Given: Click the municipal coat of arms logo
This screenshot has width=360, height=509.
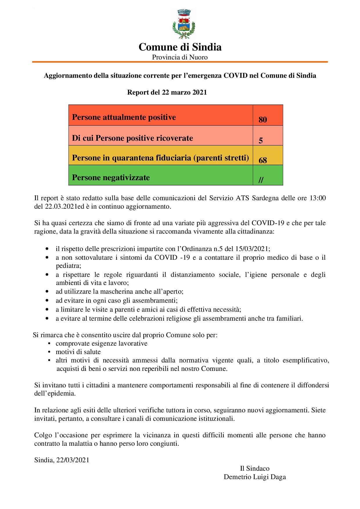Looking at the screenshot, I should click(184, 24).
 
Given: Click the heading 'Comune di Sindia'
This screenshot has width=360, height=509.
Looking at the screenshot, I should click(180, 47).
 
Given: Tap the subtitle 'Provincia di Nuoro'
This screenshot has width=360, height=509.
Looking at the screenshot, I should click(180, 57).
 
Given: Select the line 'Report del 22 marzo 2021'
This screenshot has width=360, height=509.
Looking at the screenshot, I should click(167, 93).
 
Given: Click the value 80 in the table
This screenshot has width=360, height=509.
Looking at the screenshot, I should click(262, 120).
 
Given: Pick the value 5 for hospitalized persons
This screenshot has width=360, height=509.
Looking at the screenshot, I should click(261, 141).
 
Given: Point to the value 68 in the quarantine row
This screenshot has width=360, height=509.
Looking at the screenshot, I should click(262, 160).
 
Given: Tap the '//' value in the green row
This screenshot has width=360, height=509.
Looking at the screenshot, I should click(261, 180).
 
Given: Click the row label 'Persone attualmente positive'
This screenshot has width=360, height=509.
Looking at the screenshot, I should click(124, 117).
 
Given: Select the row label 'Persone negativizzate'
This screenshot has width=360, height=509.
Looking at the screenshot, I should click(111, 177).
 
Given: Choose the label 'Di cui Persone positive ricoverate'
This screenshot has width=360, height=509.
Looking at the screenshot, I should click(132, 138).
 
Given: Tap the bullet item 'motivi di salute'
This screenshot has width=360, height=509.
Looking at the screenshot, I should click(78, 352).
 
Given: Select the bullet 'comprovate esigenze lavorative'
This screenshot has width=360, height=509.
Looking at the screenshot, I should click(101, 343).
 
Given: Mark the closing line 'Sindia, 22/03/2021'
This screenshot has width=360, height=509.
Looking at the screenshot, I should click(62, 460).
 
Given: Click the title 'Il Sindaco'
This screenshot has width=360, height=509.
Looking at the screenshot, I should click(255, 468).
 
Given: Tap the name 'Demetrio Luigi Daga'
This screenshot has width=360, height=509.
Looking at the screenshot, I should click(255, 477).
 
